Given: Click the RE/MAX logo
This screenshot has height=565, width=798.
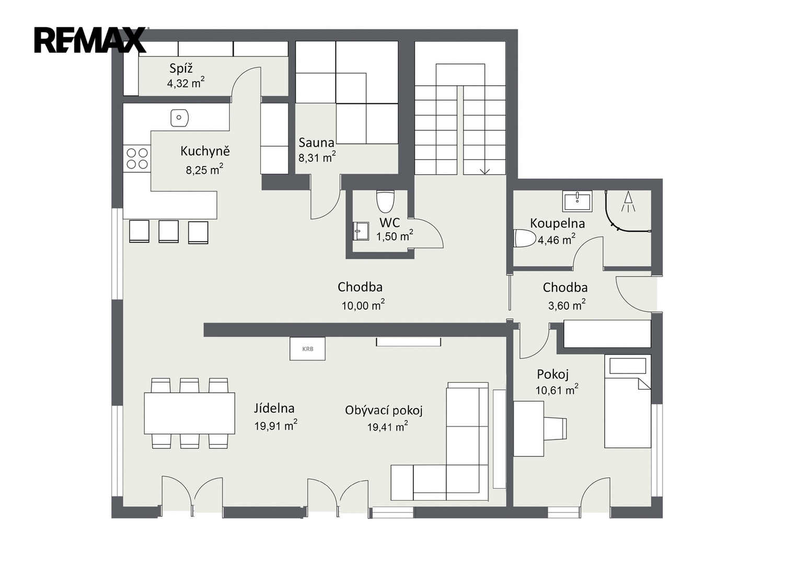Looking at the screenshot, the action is point(90,40).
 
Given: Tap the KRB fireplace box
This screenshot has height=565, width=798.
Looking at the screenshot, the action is point(307,348).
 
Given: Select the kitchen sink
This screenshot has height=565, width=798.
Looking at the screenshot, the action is point(180,118).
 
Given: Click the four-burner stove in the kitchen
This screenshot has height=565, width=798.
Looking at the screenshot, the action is point(137,159).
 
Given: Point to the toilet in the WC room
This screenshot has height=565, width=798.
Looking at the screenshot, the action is point(386,201).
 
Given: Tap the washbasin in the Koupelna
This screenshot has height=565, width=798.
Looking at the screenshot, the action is point(577,201).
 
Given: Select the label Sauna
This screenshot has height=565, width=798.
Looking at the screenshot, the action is point(316,143).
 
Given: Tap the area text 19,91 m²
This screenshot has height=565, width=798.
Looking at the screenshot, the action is point(276,425).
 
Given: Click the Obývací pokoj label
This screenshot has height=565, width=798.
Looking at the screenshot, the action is point(384,411).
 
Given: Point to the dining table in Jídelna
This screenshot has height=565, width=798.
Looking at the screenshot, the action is point(190,413).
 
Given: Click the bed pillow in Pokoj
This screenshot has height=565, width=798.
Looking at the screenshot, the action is point(628,366).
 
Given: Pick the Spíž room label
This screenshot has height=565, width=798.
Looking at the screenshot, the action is point(181,68).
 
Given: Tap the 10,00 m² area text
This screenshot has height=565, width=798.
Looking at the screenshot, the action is point(363,305).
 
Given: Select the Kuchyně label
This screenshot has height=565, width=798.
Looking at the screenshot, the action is point(205,151).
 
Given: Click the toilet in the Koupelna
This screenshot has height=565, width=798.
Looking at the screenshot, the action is point(525,238).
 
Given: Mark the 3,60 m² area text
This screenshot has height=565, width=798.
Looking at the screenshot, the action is point(567,305).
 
